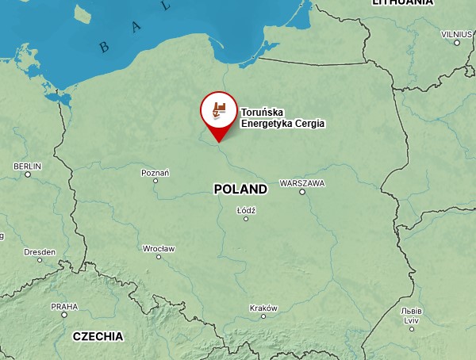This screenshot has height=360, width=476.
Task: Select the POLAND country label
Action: click(240, 190)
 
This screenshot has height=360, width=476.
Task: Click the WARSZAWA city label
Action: click(302, 182)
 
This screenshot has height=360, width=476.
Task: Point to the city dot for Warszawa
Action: click(302, 191)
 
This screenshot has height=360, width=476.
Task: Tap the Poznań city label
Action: click(155, 172)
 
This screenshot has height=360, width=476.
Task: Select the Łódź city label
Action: click(246, 209)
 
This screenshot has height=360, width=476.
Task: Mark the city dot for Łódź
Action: click(246, 218)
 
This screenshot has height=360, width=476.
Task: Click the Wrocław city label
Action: click(159, 248)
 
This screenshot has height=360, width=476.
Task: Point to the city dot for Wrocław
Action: click(159, 257)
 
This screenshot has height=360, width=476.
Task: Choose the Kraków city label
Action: click(263, 308)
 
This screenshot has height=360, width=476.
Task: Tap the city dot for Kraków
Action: click(264, 316)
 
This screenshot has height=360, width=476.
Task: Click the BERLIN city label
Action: click(27, 166)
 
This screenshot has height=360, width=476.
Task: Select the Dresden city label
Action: click(40, 251)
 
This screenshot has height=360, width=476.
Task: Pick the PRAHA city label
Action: click(64, 306)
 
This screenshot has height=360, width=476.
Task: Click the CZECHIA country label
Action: click(98, 336)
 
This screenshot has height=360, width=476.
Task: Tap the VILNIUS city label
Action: click(456, 33)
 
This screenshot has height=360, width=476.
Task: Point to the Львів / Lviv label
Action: click(411, 315)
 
